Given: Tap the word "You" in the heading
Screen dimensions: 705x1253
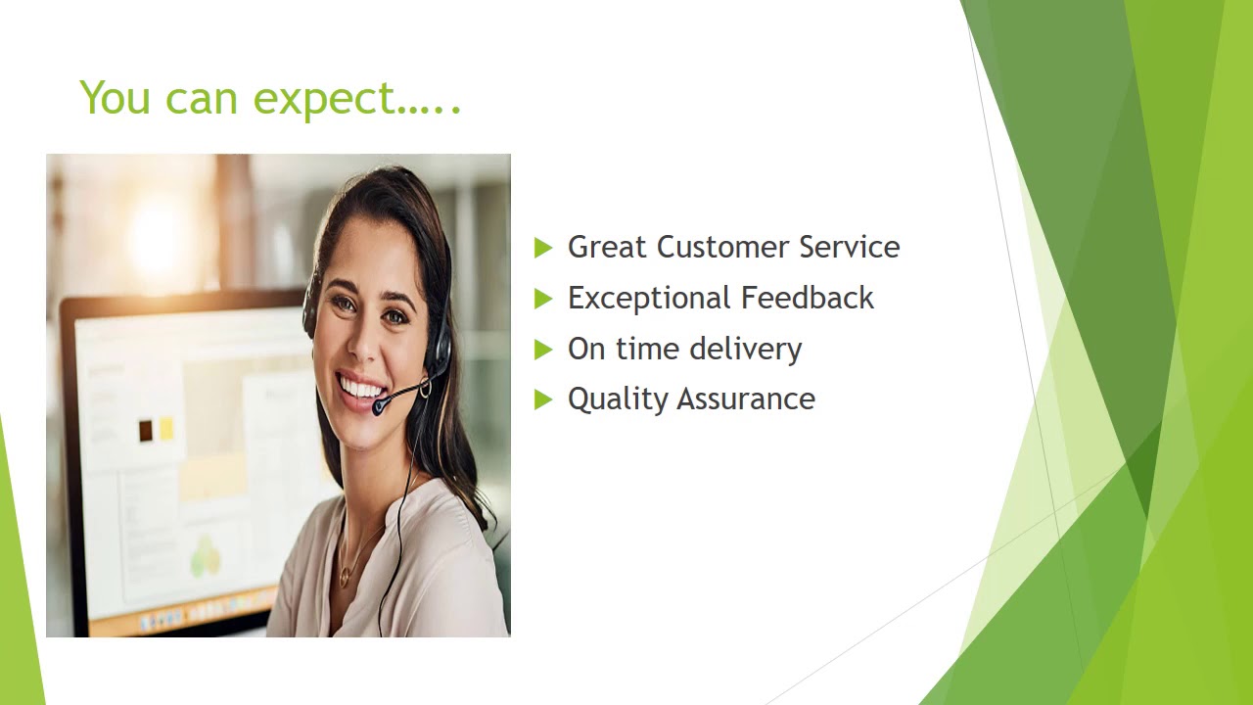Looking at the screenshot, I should coord(115,98).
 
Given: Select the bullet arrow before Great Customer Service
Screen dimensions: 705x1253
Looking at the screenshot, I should coord(543,249).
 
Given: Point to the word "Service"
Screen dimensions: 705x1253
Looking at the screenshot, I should coord(849,247).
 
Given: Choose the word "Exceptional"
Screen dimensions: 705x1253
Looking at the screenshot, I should coord(649,299).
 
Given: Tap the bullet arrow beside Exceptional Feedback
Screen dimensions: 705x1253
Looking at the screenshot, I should coord(543,300).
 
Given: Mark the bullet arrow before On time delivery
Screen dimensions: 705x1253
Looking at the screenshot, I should coord(543,350).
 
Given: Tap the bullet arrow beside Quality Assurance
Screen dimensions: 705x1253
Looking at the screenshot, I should coord(543,399).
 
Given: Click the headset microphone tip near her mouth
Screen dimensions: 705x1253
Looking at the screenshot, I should coord(379,405).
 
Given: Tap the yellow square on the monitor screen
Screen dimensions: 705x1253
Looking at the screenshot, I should coord(166,428).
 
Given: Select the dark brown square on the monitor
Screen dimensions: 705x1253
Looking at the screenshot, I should coord(146,429).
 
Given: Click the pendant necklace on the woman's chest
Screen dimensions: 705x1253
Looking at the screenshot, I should coord(344,579).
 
